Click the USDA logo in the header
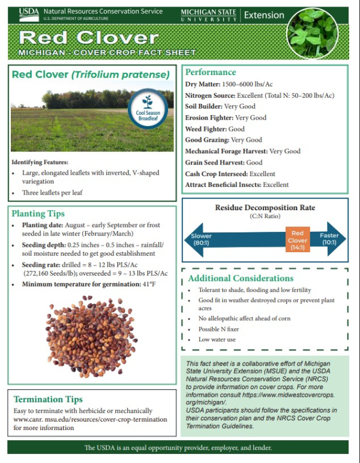28,14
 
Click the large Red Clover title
88,38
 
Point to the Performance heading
211,72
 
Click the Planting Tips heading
38,213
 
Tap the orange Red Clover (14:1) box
298,240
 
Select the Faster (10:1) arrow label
329,239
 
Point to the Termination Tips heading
48,399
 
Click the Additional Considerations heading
241,278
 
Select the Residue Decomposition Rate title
265,208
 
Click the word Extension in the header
265,14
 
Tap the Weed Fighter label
206,129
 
